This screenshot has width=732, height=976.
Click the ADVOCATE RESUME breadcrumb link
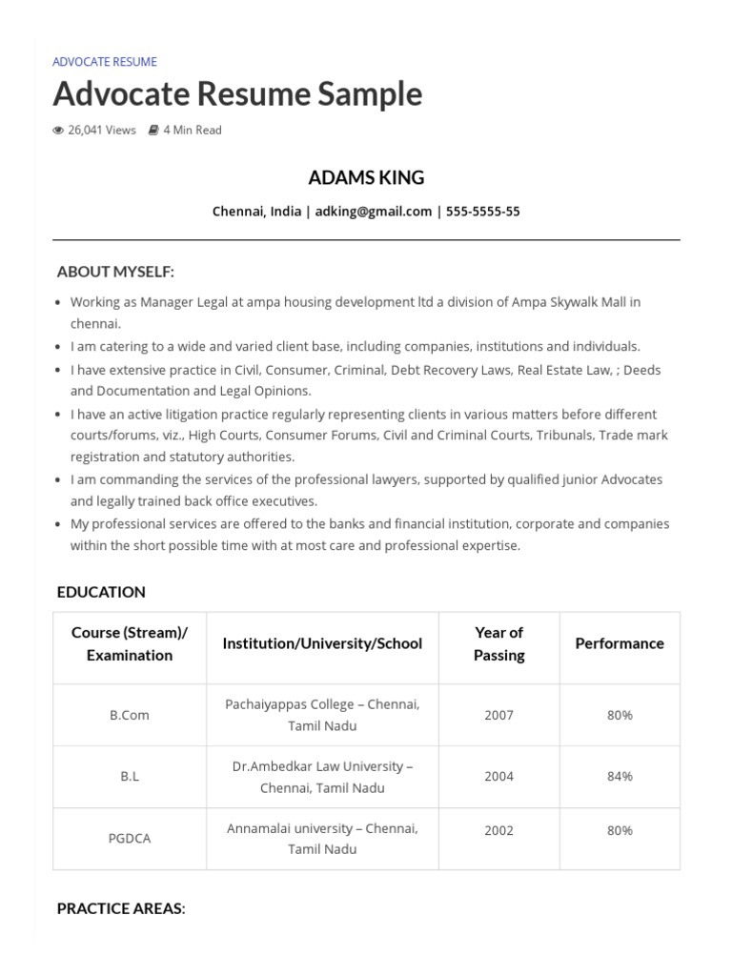(x=105, y=62)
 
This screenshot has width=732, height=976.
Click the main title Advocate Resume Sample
(x=237, y=94)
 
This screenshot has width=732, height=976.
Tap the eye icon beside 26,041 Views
(x=58, y=131)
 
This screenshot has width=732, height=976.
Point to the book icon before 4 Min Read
(x=153, y=131)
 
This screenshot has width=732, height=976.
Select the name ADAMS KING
(x=366, y=178)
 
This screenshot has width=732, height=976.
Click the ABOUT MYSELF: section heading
(x=115, y=272)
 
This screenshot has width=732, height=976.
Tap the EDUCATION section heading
(x=101, y=592)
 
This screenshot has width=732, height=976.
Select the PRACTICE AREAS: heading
(x=121, y=908)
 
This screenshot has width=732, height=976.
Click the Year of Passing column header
(x=498, y=643)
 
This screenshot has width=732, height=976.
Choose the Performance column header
(x=620, y=643)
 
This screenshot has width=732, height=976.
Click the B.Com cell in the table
(x=130, y=715)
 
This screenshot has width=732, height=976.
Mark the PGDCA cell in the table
(x=130, y=839)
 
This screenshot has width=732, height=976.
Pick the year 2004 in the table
(x=498, y=776)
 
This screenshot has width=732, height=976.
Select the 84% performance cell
(x=620, y=776)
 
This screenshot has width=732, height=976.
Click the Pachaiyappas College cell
(x=322, y=715)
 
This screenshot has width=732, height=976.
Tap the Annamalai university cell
(x=322, y=839)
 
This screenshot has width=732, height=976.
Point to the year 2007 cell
(x=498, y=715)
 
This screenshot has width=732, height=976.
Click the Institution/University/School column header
(x=322, y=643)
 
